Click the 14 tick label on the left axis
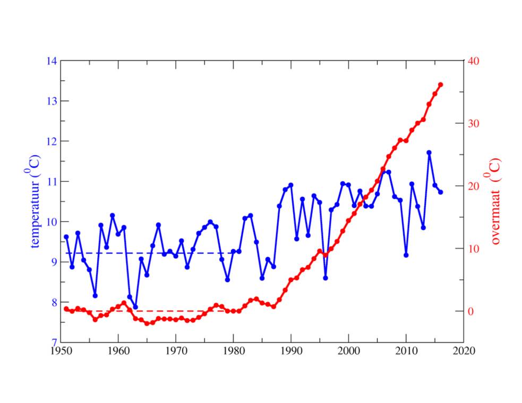click(x=52, y=61)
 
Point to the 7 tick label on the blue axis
click(x=54, y=343)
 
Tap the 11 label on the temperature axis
click(x=52, y=181)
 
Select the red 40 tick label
click(x=474, y=61)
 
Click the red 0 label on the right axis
click(x=470, y=311)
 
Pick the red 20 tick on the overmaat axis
click(x=474, y=186)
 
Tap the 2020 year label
click(x=463, y=351)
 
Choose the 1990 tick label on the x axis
click(x=290, y=351)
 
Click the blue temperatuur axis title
click(x=37, y=202)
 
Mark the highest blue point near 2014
click(x=429, y=153)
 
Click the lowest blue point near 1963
click(x=135, y=307)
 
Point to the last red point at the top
click(x=441, y=85)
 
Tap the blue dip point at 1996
click(x=325, y=278)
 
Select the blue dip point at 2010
click(x=406, y=255)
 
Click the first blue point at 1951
click(x=66, y=237)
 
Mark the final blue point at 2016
click(x=441, y=192)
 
